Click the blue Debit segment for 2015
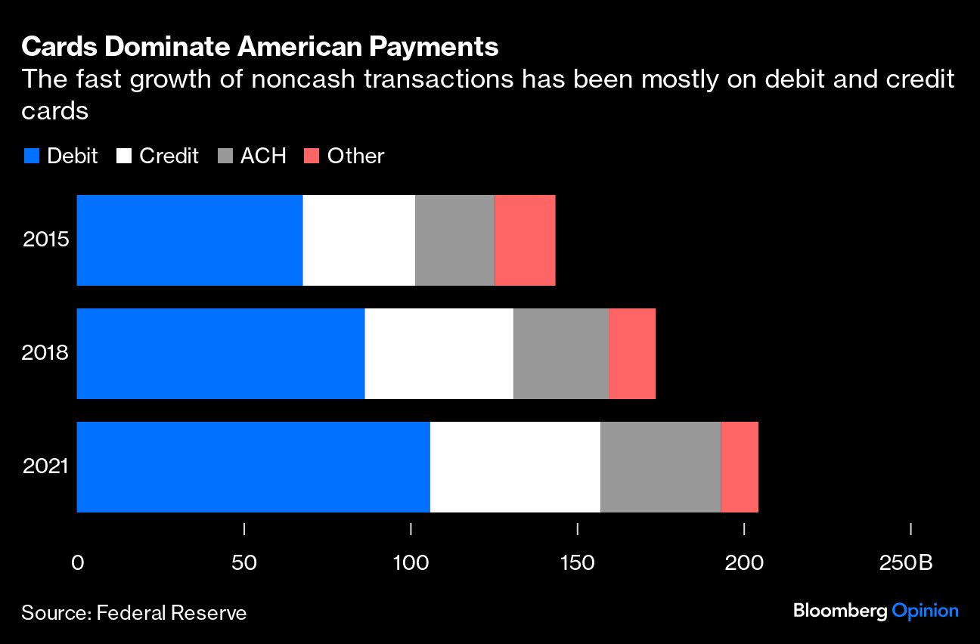click(189, 240)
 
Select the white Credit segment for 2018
click(439, 354)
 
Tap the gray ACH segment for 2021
click(660, 467)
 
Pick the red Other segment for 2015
click(525, 240)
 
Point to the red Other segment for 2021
click(740, 467)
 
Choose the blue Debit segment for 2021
click(253, 467)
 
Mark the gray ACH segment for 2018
click(561, 354)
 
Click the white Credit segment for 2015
click(358, 240)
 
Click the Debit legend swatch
click(31, 156)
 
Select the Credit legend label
click(169, 156)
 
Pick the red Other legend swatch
click(311, 156)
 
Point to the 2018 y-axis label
click(46, 353)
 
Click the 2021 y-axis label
click(46, 466)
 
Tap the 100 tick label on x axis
click(410, 563)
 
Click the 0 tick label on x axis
click(77, 563)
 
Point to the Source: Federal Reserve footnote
click(134, 611)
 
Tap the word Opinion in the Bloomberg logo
click(925, 611)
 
